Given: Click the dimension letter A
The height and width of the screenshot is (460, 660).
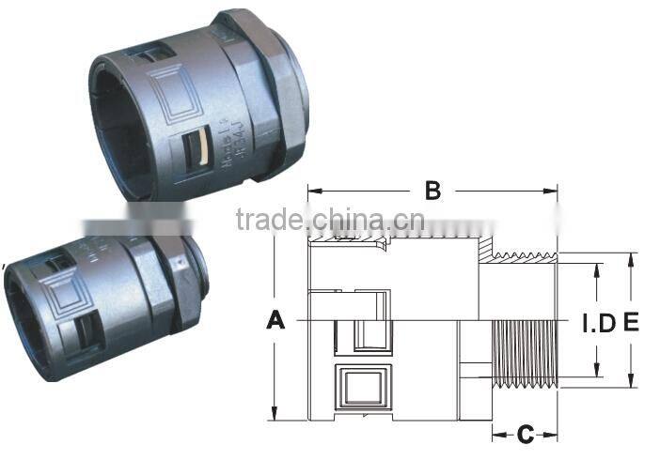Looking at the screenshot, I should [x=275, y=321].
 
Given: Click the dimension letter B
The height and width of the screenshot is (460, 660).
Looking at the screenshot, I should [x=432, y=191].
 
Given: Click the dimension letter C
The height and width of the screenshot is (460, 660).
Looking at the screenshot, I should [x=525, y=434].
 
